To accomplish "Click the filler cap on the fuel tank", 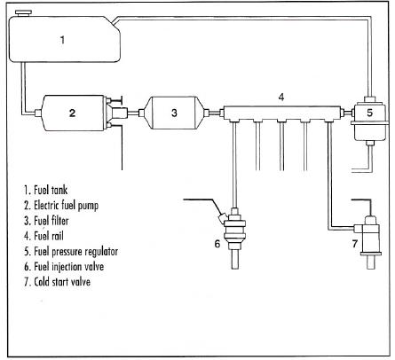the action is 24,13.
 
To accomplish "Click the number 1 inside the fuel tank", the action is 62,40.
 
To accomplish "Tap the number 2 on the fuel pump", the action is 72,113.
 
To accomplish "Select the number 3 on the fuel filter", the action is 174,113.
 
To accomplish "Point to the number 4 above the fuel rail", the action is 281,97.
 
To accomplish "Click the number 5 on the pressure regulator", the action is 369,113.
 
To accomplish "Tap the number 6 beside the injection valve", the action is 217,244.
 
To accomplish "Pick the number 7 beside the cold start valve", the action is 355,244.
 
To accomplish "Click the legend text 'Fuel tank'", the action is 51,190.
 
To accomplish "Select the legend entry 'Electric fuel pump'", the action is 66,206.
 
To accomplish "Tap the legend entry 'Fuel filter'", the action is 51,221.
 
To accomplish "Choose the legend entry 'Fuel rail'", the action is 49,236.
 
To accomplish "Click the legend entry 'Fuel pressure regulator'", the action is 75,252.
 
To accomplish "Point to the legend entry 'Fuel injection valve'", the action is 68,267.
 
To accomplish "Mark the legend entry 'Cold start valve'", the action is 62,282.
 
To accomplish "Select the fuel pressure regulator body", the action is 369,121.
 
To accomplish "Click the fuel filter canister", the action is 174,113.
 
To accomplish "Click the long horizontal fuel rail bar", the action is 281,113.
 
